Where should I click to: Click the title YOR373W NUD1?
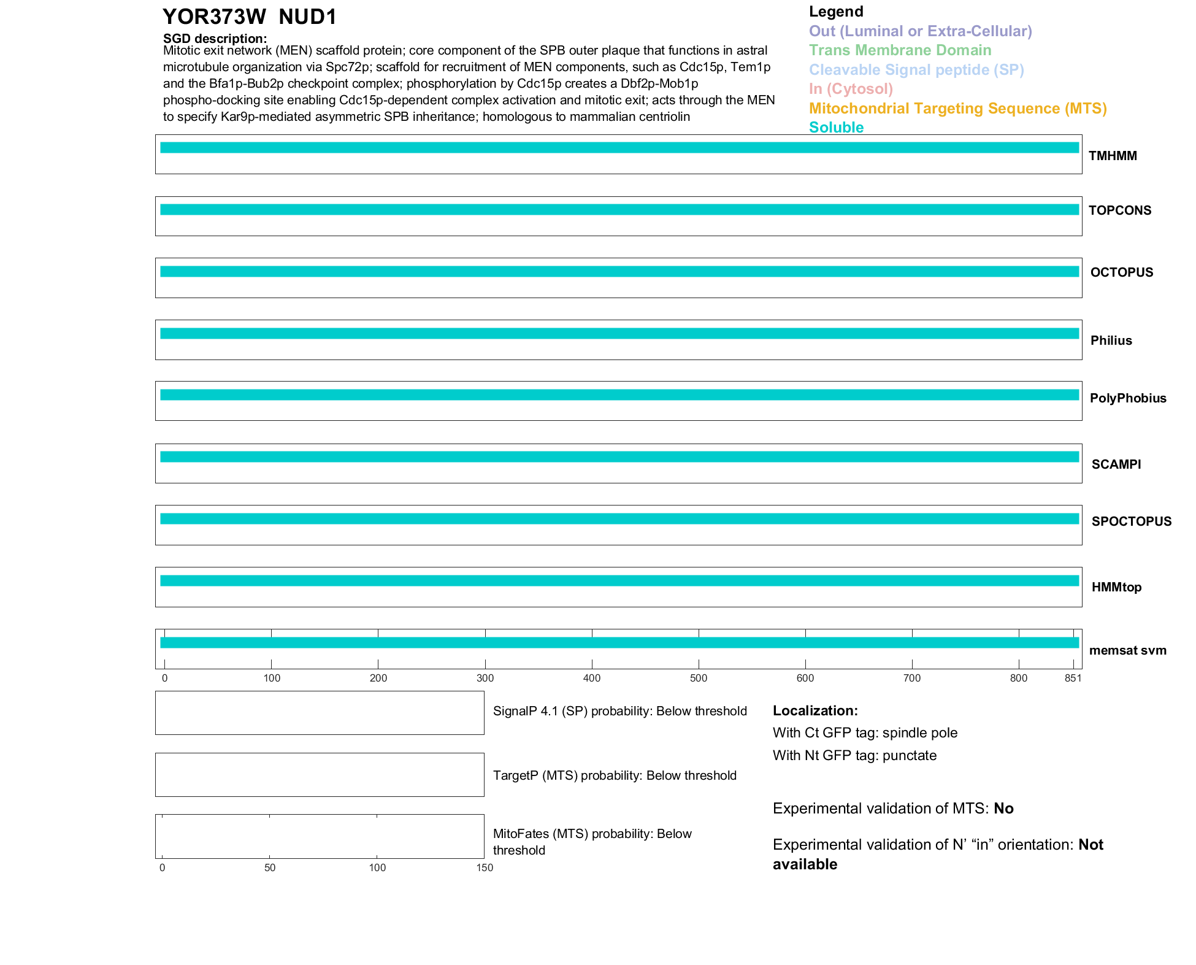pos(250,17)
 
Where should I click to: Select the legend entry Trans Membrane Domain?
pos(900,50)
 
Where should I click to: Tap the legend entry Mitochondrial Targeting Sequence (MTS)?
pos(957,109)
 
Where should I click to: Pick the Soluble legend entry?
pos(836,128)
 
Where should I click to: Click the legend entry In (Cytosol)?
pos(851,89)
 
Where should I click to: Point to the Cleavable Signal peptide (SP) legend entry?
pos(916,70)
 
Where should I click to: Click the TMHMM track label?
pos(1113,156)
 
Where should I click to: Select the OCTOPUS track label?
pos(1121,272)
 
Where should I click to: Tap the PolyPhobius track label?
pos(1127,398)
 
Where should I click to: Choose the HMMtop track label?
pos(1116,587)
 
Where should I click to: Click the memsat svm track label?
pos(1127,650)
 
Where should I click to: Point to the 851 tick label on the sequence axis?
pos(1073,678)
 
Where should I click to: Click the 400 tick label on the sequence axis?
pos(592,678)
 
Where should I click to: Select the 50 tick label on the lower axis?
pos(270,867)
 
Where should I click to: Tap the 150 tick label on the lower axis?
pos(485,867)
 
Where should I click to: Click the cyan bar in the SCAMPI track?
pos(619,457)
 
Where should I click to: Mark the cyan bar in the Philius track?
pos(619,334)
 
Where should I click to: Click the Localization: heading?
pos(815,710)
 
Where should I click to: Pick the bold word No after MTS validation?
pos(1003,809)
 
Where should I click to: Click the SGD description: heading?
pos(215,39)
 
